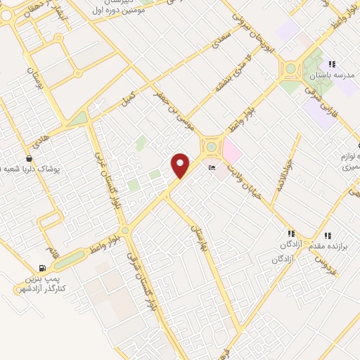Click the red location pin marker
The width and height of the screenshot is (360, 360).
181,165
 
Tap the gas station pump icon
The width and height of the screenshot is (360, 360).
44,268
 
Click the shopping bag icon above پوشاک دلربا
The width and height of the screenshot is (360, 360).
29,159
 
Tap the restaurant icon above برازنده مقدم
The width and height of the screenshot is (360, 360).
326,236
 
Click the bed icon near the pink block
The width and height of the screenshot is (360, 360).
212,168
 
